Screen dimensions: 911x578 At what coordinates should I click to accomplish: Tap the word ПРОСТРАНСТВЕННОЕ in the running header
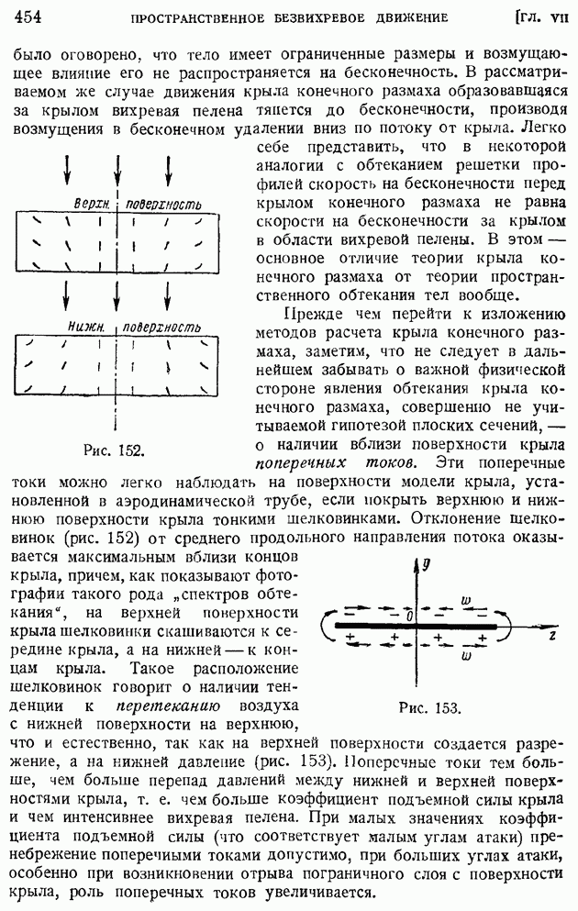[x=208, y=17]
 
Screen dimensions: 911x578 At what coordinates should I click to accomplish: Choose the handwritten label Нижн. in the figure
[x=86, y=326]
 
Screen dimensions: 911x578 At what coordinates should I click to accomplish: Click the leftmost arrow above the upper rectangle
[x=67, y=171]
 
